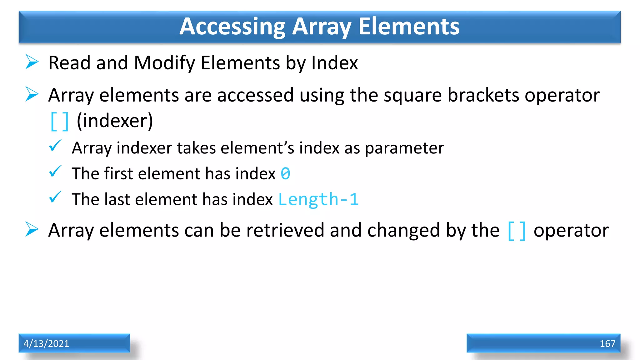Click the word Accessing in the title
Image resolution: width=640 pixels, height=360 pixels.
[232, 27]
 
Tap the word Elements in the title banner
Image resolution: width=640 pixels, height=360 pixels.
[409, 26]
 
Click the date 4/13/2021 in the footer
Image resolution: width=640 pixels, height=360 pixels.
[46, 343]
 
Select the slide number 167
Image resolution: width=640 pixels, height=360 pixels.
[607, 343]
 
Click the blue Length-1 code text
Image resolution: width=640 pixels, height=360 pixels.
[318, 199]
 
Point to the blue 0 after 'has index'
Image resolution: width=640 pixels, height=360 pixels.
[285, 174]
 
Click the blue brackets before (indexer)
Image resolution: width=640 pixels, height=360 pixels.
[59, 121]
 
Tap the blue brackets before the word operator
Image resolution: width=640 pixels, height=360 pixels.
[517, 231]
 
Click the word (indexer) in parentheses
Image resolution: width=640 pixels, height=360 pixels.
[115, 121]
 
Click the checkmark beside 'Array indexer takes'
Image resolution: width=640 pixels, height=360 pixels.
[55, 146]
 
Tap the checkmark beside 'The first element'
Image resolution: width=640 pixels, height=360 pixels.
[55, 172]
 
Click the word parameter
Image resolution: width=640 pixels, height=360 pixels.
[404, 148]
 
